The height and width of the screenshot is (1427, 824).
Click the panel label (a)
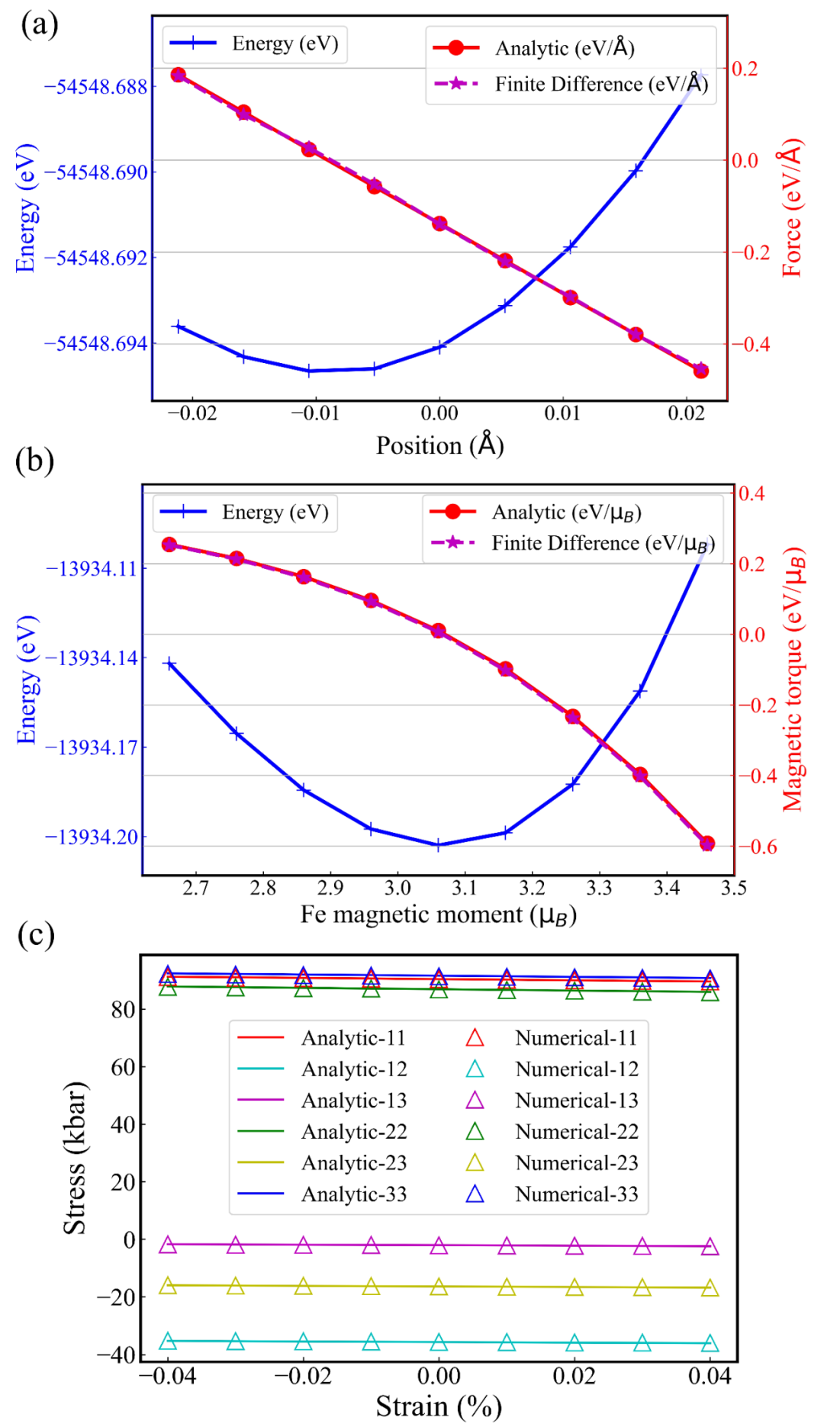pyautogui.click(x=39, y=25)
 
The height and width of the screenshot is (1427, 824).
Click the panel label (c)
pyautogui.click(x=36, y=935)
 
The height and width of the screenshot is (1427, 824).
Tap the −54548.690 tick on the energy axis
pyautogui.click(x=96, y=172)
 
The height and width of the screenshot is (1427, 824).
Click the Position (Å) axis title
pyautogui.click(x=440, y=445)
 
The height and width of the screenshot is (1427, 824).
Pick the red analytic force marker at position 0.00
pyautogui.click(x=439, y=223)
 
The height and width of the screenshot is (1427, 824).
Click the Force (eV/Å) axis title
pyautogui.click(x=793, y=207)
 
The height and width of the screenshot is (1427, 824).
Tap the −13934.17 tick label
pyautogui.click(x=92, y=747)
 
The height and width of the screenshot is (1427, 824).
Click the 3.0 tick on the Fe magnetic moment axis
pyautogui.click(x=398, y=888)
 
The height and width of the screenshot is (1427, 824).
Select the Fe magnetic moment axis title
pyautogui.click(x=438, y=914)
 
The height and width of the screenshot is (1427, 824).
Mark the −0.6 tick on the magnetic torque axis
pyautogui.click(x=757, y=847)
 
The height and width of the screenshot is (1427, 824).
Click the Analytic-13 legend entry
pyautogui.click(x=354, y=1101)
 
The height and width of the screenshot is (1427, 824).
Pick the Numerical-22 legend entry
pyautogui.click(x=577, y=1132)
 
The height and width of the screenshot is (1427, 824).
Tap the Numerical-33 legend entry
pyautogui.click(x=577, y=1194)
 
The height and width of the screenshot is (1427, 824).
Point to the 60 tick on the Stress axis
pyautogui.click(x=123, y=1067)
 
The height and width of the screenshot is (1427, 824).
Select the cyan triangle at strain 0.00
pyautogui.click(x=439, y=1343)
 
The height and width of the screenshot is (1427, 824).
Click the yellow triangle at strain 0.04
pyautogui.click(x=710, y=1288)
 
